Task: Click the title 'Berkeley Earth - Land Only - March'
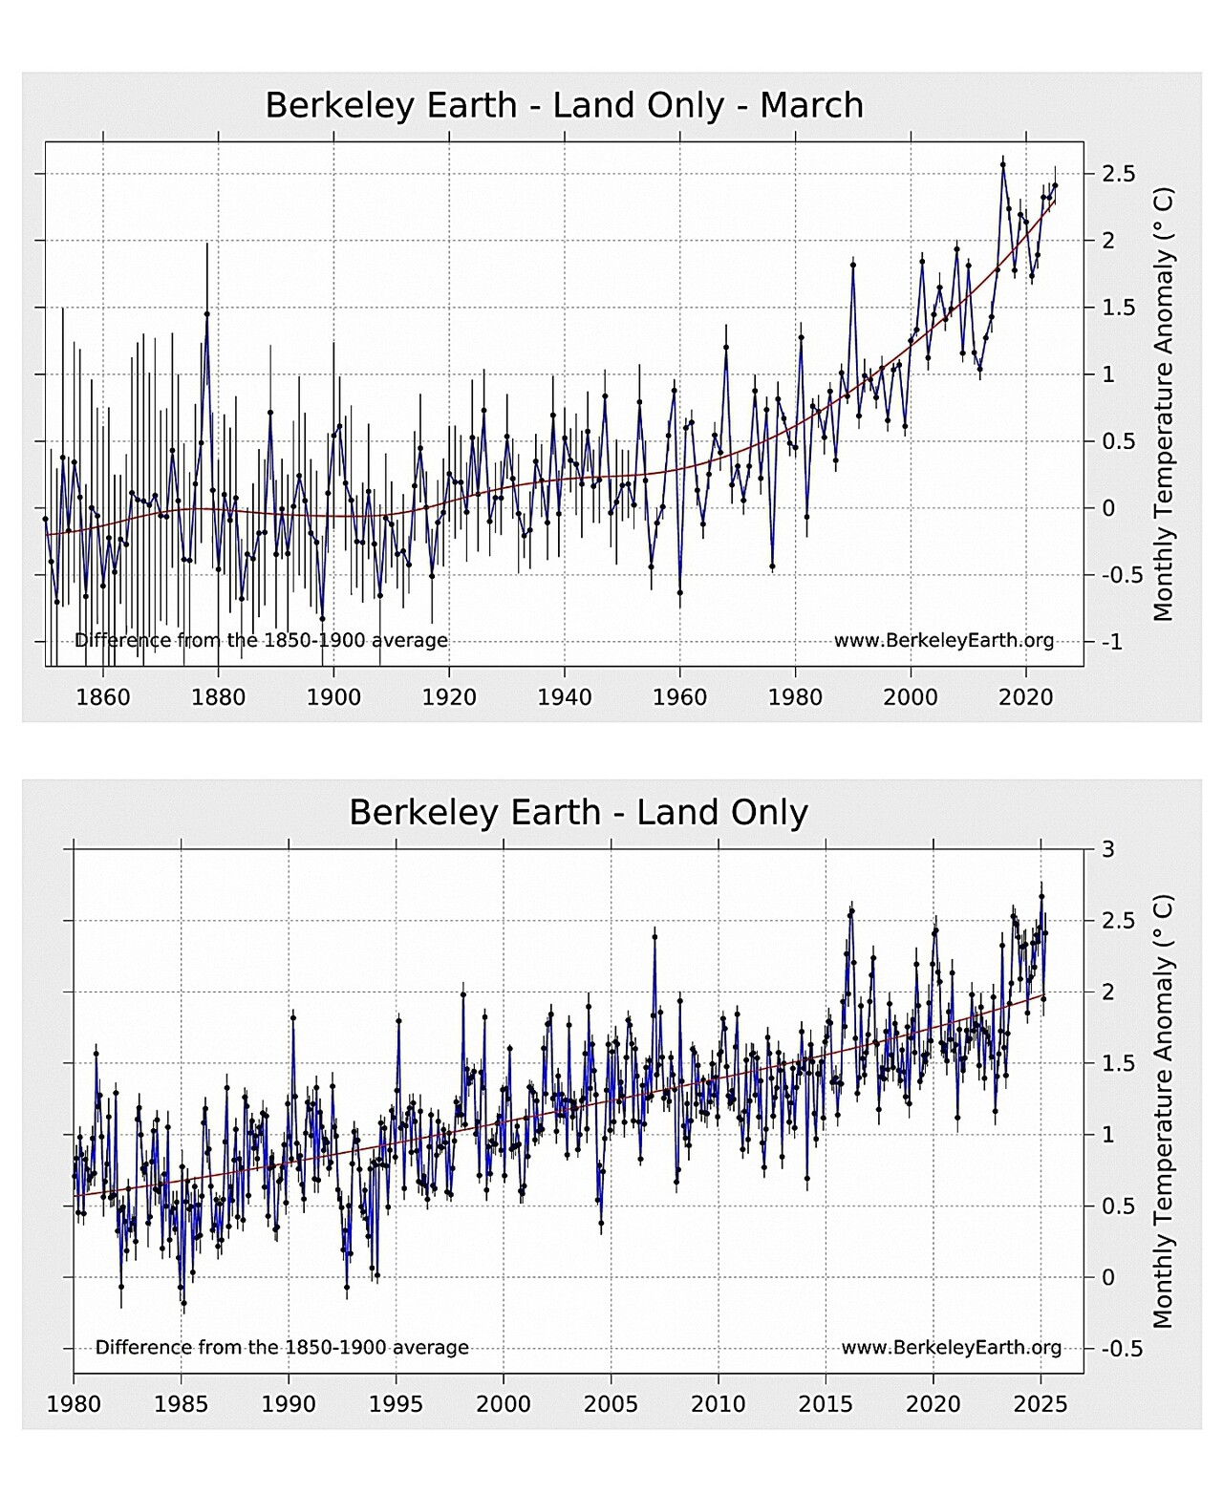564,105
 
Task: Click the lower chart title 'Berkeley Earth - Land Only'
578,813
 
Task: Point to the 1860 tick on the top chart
103,697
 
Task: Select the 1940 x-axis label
565,697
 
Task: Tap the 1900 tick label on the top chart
333,697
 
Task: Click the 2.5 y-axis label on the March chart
1118,174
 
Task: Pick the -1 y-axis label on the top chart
1112,642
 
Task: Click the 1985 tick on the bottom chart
182,1404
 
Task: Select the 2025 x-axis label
1041,1404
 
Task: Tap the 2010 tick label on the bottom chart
719,1404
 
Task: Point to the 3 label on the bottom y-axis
1108,849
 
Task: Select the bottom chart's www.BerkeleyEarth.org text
951,1348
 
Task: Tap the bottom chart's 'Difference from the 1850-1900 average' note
282,1348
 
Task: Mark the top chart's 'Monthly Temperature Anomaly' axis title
1163,404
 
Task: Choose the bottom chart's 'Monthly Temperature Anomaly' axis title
1163,1111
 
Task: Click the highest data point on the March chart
1002,164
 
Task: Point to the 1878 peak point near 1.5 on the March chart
206,313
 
